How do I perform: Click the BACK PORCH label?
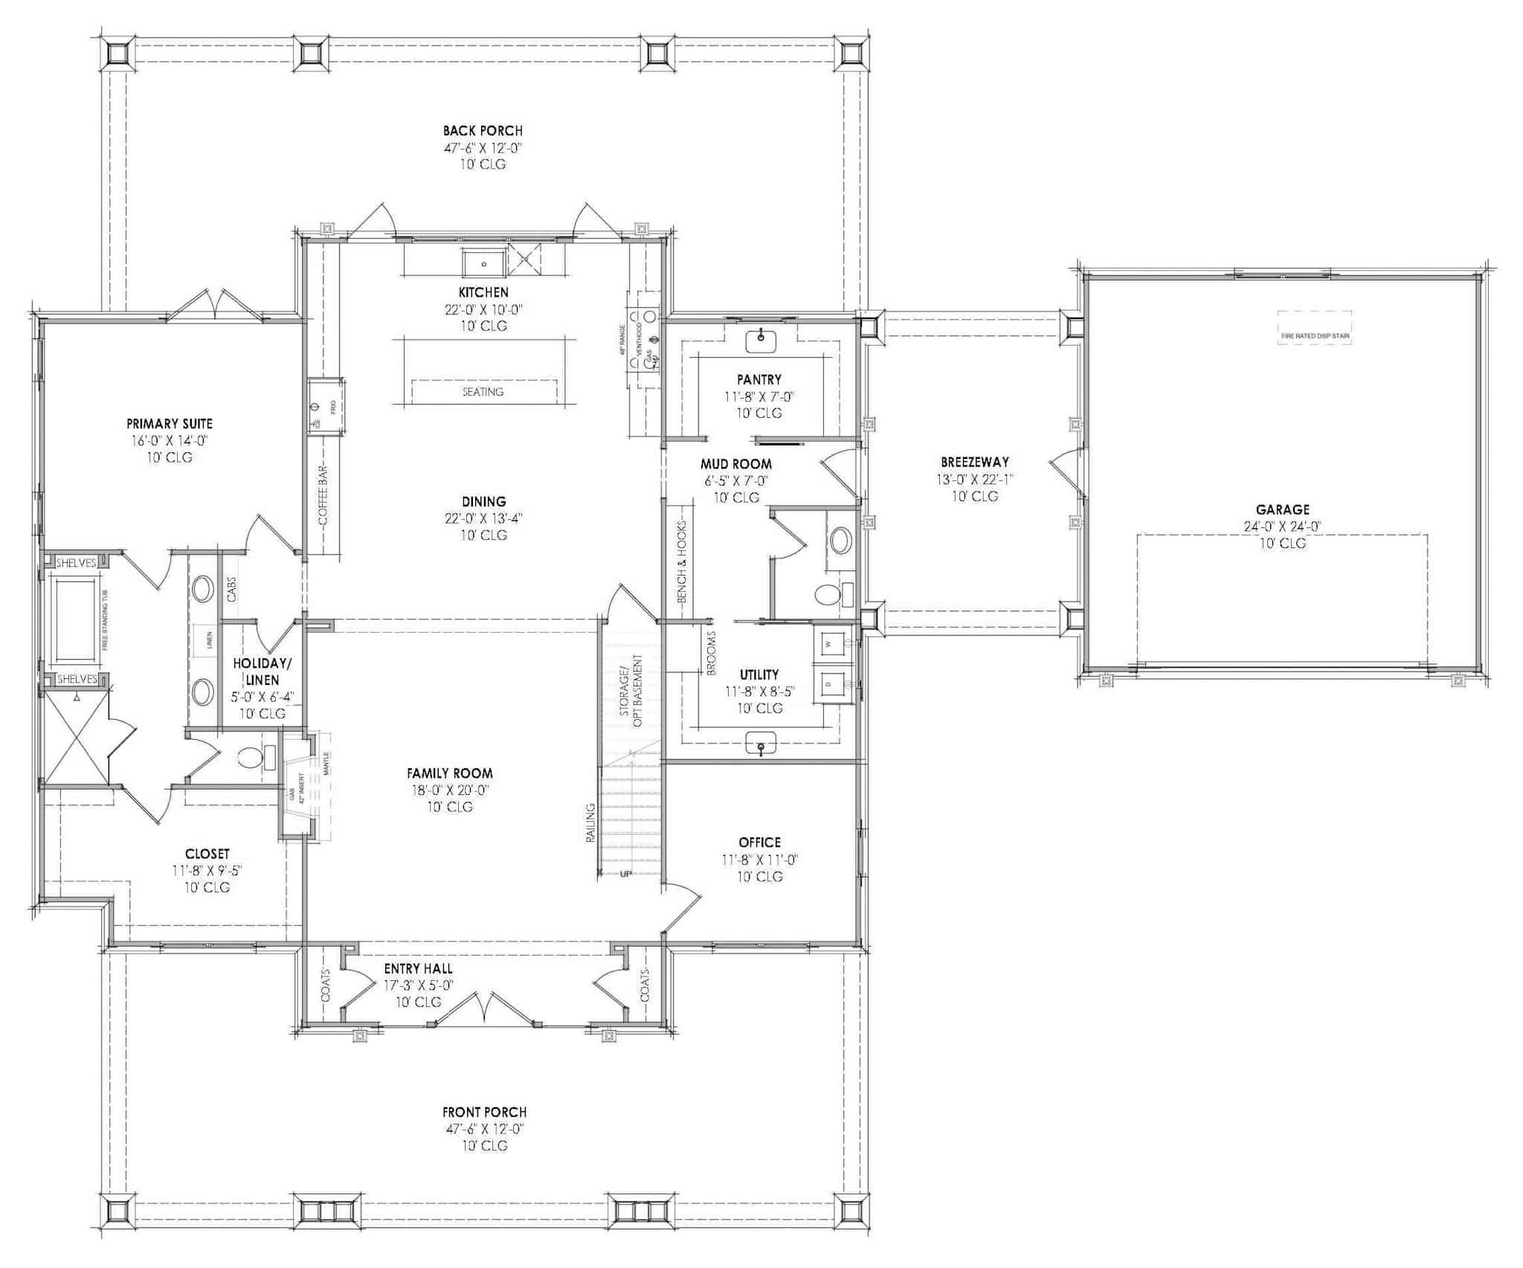coord(483,131)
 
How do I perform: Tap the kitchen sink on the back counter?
coord(483,263)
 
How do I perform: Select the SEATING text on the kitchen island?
coord(483,391)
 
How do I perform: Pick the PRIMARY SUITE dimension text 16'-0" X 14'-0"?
coord(170,440)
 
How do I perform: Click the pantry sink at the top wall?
coord(760,341)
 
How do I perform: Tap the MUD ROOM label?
coord(735,464)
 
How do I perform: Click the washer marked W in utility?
coord(830,640)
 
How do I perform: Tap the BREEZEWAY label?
coord(974,462)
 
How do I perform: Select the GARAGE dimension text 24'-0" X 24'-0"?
coord(1282,527)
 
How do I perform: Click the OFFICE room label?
coord(759,842)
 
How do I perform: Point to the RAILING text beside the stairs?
coord(590,822)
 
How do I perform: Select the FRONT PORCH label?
coord(484,1112)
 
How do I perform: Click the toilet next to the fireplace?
coord(251,759)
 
